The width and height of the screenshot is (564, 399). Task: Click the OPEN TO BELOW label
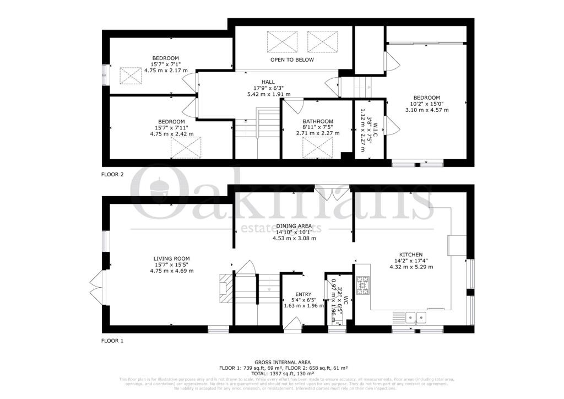[292, 60]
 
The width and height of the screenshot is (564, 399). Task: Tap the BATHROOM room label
[317, 122]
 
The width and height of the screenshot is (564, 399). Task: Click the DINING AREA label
[294, 226]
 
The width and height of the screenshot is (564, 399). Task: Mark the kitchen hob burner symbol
[364, 284]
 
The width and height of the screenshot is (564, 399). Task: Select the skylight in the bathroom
[317, 147]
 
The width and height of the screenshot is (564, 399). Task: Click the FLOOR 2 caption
[112, 174]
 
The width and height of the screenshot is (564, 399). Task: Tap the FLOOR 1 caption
[112, 341]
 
